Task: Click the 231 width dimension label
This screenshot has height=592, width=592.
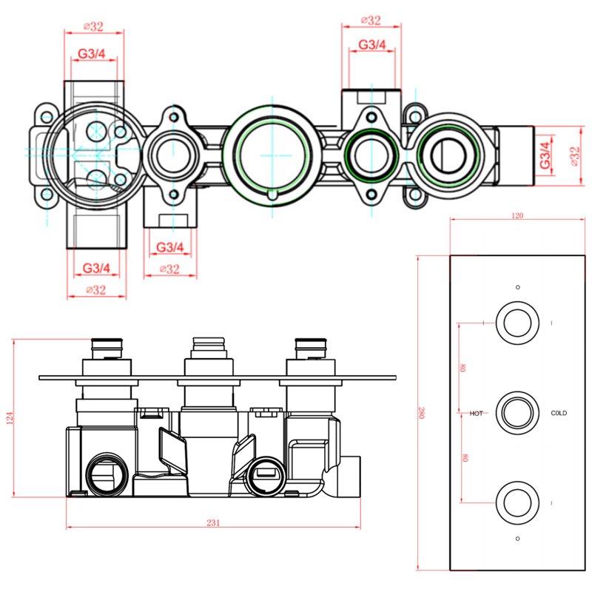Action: click(x=212, y=522)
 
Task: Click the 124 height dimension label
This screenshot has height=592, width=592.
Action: click(x=9, y=419)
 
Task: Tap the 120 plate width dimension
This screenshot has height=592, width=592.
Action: click(x=517, y=216)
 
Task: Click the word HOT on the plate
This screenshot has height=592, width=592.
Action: click(x=477, y=413)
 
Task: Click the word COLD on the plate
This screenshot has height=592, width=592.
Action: click(x=558, y=413)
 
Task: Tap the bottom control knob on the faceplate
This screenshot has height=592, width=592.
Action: click(x=517, y=502)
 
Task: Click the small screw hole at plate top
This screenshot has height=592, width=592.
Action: click(x=517, y=286)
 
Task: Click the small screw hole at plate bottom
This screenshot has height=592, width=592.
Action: click(x=517, y=538)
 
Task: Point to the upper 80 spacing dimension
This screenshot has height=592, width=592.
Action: click(x=462, y=368)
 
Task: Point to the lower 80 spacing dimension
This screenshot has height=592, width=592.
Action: click(x=462, y=457)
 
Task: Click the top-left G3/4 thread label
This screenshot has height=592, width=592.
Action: click(x=92, y=53)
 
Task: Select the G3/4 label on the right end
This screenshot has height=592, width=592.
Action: click(x=545, y=156)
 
